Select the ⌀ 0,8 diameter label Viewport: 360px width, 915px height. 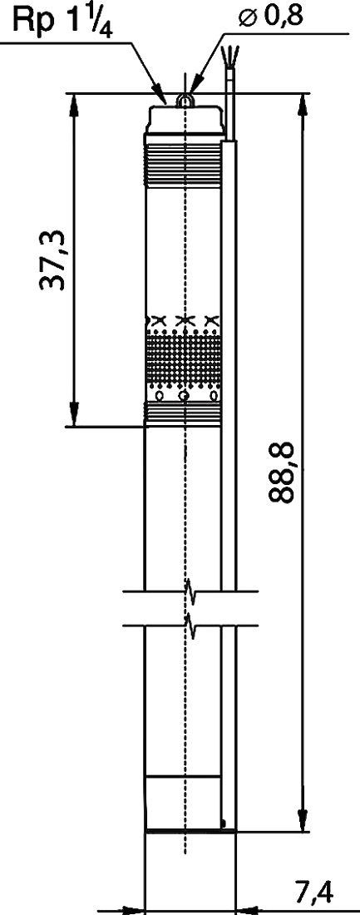[x=271, y=17]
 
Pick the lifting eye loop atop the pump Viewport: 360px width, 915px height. [x=185, y=101]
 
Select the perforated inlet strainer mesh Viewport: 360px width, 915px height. [x=184, y=358]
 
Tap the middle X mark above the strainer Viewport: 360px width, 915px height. [x=185, y=319]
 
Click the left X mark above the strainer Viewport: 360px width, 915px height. [x=157, y=319]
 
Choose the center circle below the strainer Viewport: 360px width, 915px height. [x=185, y=397]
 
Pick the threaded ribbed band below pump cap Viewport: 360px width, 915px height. [x=184, y=166]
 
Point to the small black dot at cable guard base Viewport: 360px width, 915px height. [x=224, y=823]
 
